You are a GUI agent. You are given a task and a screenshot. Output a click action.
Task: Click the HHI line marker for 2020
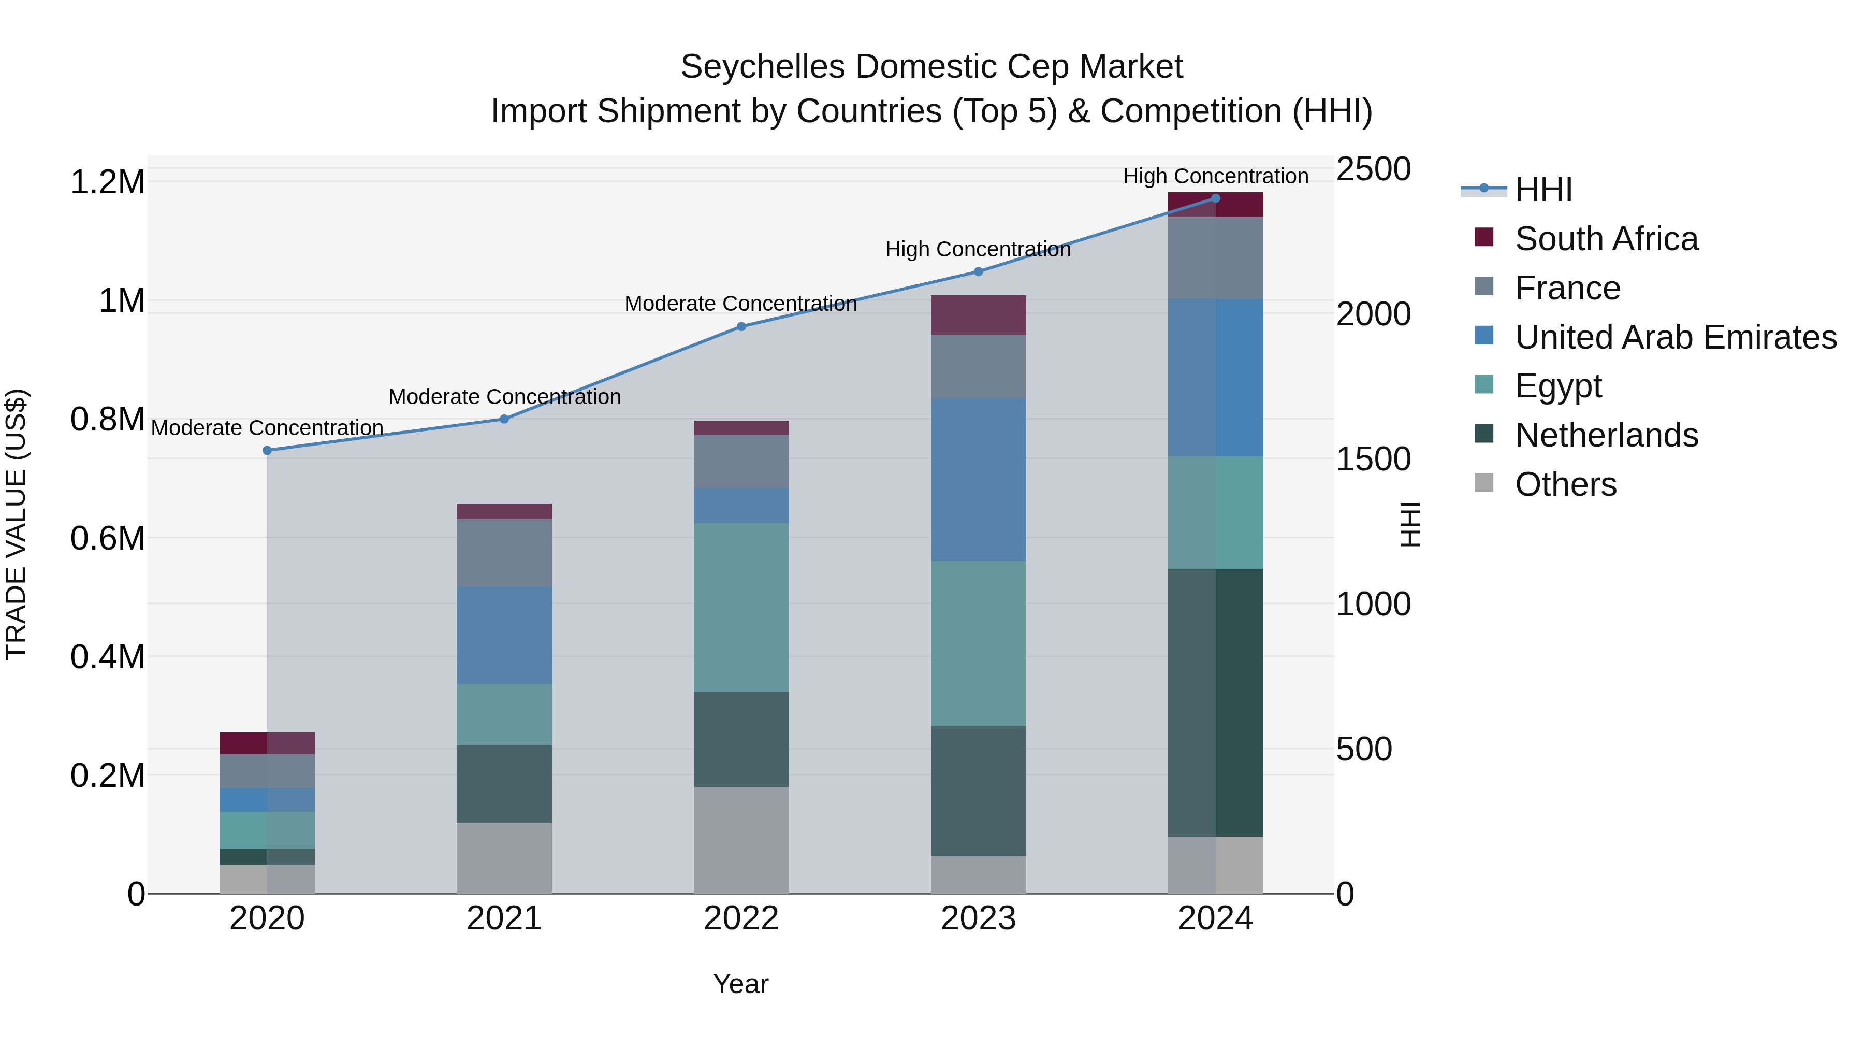coord(267,450)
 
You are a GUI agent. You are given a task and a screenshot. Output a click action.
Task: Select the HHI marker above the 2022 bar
coord(741,326)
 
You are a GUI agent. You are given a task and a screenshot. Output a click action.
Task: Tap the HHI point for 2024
coord(1216,198)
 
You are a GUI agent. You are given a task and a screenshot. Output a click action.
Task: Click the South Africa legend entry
coord(1606,239)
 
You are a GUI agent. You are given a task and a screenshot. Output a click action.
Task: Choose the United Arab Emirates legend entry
coord(1675,337)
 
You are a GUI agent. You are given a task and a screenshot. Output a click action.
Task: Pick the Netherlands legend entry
coord(1606,435)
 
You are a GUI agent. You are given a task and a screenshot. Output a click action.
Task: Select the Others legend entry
coord(1565,484)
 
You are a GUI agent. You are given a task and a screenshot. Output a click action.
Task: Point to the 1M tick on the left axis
coord(122,300)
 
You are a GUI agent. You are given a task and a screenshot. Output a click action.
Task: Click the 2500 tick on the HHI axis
coord(1373,169)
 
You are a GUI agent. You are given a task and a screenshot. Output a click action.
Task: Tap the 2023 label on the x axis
coord(978,918)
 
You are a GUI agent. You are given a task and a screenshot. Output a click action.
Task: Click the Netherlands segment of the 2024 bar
coord(1216,702)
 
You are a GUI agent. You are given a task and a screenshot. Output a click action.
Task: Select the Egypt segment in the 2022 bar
coord(741,608)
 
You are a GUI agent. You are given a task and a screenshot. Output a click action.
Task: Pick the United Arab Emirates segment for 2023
coord(978,479)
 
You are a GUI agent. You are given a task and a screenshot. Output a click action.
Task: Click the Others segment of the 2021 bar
coord(504,858)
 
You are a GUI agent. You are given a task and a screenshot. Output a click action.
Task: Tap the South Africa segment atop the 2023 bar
coord(978,315)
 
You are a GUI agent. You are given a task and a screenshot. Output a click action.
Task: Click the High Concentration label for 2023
coord(978,250)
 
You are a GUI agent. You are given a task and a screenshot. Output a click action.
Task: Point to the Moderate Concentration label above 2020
coord(267,428)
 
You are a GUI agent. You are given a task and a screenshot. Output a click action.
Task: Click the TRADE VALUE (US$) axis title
coord(16,524)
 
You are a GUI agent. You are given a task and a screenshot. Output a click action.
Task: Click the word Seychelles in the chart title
coord(763,67)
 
